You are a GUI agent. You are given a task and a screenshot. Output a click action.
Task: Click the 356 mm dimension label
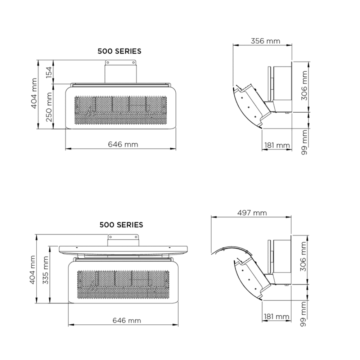point(265,41)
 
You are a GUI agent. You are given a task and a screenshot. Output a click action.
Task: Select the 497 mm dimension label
point(252,213)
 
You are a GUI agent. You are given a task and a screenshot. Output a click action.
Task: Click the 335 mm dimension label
point(45,270)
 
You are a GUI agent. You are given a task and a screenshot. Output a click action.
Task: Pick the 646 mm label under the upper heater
point(123,144)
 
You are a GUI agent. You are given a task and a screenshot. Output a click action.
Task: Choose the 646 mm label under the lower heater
point(127,320)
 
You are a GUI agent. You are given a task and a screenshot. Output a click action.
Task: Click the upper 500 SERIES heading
point(120,51)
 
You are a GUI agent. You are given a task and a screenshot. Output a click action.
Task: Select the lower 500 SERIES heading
point(121,225)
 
